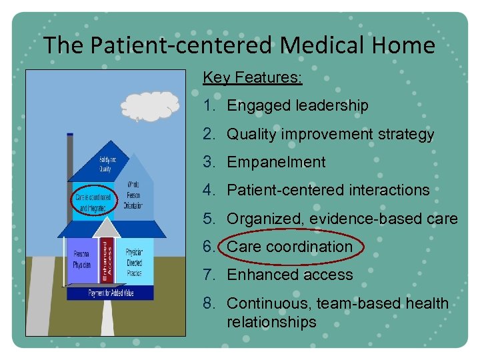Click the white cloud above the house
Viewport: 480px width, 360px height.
click(x=150, y=107)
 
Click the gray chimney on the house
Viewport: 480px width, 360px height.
click(x=69, y=157)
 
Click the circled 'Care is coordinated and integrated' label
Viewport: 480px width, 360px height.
click(x=93, y=201)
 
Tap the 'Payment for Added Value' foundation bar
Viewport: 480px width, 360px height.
click(x=109, y=293)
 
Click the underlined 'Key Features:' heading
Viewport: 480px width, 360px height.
click(x=252, y=78)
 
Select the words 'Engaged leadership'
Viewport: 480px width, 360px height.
click(x=297, y=105)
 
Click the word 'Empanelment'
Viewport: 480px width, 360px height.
click(x=276, y=162)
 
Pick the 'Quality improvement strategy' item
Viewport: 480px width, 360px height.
click(x=330, y=134)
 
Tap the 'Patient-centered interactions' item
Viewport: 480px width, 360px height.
click(x=328, y=190)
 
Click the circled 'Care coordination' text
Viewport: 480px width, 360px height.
click(x=289, y=247)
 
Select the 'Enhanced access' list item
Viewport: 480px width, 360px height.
click(x=289, y=275)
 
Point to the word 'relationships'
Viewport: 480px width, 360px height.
click(x=271, y=322)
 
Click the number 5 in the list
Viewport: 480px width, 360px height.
click(x=209, y=219)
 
